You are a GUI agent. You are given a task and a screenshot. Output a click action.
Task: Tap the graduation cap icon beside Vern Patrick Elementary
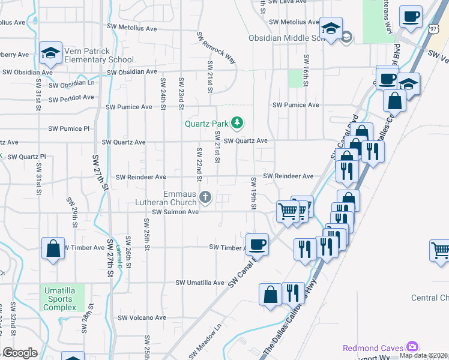[51, 53]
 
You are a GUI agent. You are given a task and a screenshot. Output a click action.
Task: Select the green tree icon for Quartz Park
[238, 123]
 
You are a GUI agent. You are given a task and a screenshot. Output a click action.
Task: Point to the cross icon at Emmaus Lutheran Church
[205, 196]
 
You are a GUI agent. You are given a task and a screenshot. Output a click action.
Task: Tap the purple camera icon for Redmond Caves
[412, 347]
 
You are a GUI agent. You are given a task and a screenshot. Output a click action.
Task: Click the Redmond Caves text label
[373, 348]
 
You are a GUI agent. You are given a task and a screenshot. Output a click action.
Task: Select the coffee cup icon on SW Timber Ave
[258, 244]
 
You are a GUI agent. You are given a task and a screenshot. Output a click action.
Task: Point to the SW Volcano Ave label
[142, 318]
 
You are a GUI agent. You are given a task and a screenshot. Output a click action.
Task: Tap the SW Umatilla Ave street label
[199, 283]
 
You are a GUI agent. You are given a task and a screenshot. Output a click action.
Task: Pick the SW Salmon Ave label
[175, 212]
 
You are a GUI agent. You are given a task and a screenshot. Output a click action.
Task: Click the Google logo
[19, 353]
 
